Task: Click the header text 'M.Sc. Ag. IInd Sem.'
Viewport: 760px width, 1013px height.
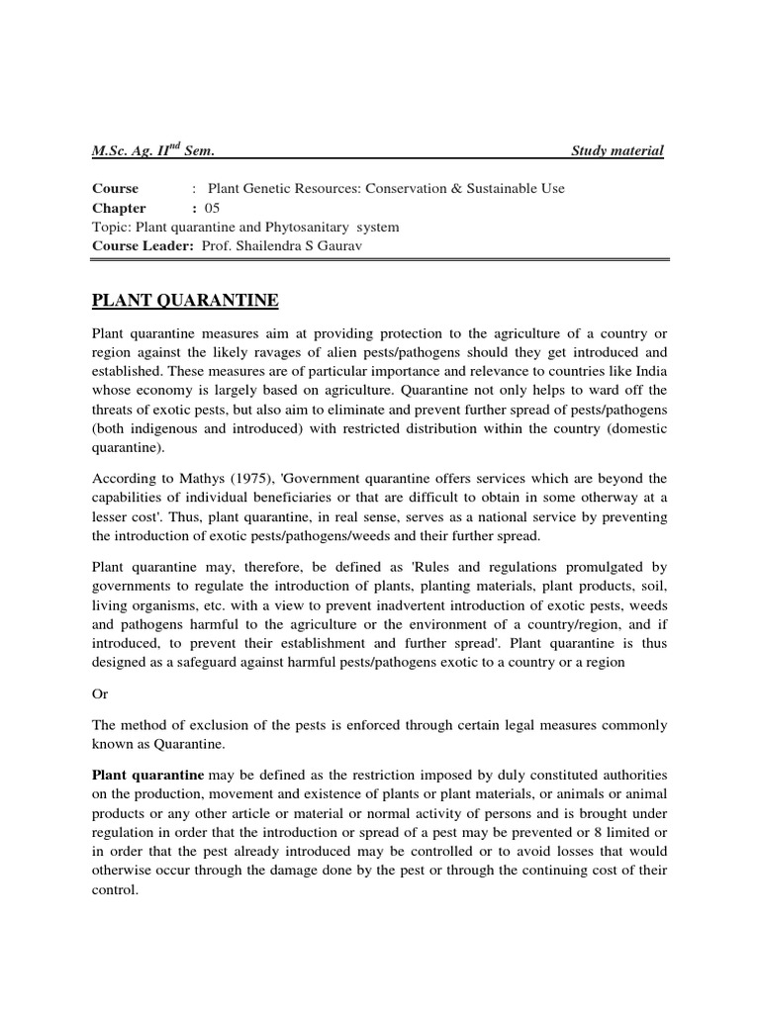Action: pos(153,150)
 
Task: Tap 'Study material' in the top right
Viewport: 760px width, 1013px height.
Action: pos(617,150)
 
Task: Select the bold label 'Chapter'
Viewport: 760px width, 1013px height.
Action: pos(119,208)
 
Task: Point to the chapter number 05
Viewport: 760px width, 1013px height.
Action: pos(212,208)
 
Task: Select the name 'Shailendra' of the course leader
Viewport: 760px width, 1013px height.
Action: pos(273,245)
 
